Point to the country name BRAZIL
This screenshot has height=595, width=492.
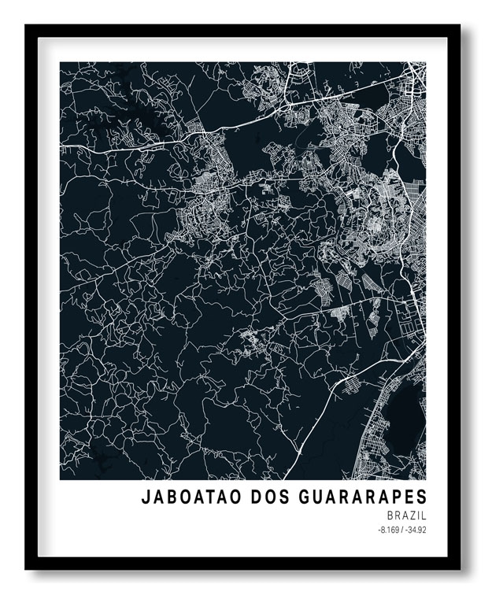pyautogui.click(x=407, y=515)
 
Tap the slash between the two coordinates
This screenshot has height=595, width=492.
pyautogui.click(x=401, y=529)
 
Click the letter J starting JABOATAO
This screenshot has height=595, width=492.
pyautogui.click(x=146, y=497)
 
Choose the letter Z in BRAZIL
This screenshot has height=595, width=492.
pyautogui.click(x=413, y=515)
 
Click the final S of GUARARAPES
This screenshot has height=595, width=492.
pyautogui.click(x=421, y=497)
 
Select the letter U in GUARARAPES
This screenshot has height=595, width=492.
pyautogui.click(x=309, y=497)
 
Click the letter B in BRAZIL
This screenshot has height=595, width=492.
pyautogui.click(x=390, y=515)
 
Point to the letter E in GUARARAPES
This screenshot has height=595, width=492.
pyautogui.click(x=409, y=497)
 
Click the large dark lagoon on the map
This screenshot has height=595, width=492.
pyautogui.click(x=407, y=409)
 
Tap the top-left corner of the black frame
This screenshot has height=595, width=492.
pyautogui.click(x=27, y=26)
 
